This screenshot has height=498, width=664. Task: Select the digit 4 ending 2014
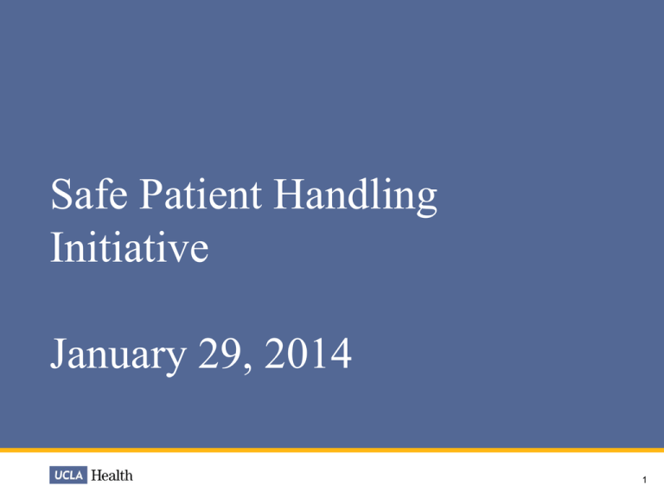coord(342,354)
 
